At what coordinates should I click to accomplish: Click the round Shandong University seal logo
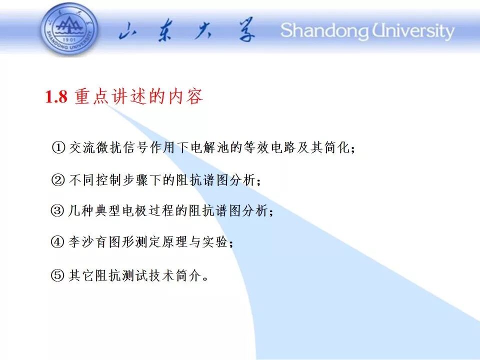(69, 29)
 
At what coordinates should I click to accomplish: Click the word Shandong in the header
(324, 31)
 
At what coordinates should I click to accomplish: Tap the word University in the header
(413, 31)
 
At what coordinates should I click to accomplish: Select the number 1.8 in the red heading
(56, 96)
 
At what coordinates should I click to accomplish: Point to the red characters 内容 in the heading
(185, 96)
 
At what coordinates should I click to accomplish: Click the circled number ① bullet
(58, 147)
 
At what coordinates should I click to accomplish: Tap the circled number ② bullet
(58, 179)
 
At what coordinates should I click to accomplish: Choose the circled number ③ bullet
(57, 210)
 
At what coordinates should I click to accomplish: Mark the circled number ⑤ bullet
(57, 275)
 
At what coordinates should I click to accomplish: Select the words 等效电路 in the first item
(269, 147)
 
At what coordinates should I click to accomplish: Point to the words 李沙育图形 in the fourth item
(101, 242)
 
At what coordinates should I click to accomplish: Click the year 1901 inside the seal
(69, 39)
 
